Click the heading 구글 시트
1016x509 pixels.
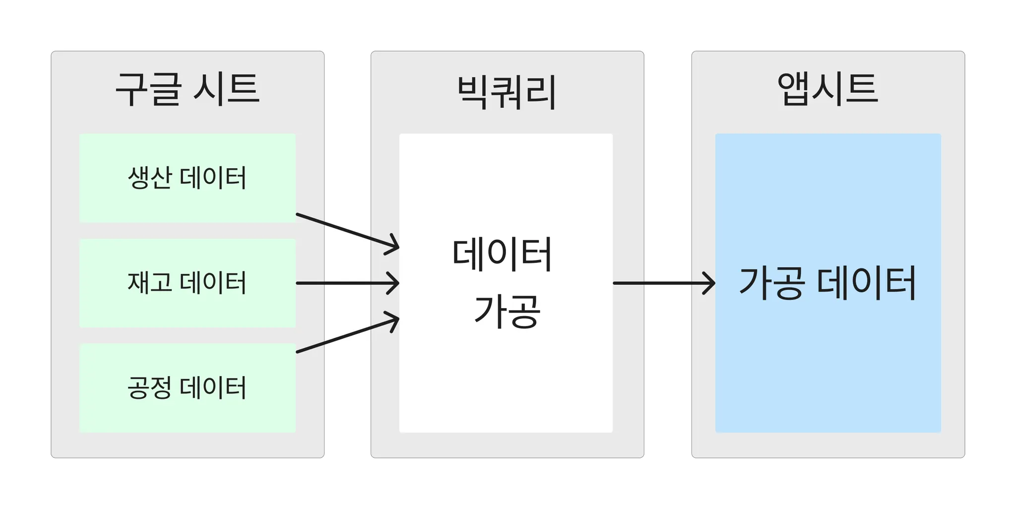(x=188, y=89)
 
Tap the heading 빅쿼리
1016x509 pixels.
(x=507, y=92)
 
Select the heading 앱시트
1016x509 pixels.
(x=827, y=89)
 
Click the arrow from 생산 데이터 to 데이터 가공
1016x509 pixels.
(x=347, y=231)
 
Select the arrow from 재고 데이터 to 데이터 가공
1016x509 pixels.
(x=347, y=283)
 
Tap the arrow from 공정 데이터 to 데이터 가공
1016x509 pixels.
(x=347, y=335)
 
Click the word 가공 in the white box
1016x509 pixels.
(x=507, y=312)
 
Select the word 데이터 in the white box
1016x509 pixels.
(x=502, y=255)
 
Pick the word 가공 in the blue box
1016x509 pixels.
(x=771, y=283)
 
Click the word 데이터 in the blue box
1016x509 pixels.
(x=866, y=283)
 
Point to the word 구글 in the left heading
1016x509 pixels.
(x=147, y=89)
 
